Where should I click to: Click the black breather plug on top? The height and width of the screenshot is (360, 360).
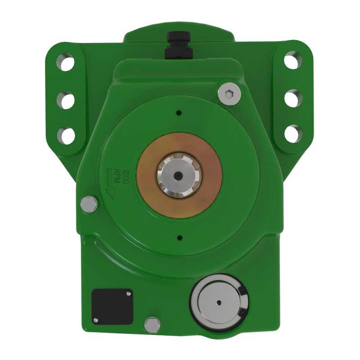tap(179, 45)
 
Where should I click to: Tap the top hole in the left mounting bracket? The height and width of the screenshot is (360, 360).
tap(66, 62)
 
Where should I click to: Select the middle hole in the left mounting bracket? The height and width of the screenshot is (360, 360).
tap(66, 100)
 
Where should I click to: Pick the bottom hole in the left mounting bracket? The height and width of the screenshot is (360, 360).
tap(66, 135)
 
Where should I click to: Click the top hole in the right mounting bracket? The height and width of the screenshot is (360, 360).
tap(293, 60)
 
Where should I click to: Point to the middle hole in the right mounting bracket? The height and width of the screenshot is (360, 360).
tap(293, 98)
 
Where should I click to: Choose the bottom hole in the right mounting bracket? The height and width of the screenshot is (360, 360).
tap(293, 134)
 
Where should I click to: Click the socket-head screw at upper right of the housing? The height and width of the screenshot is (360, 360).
tap(229, 94)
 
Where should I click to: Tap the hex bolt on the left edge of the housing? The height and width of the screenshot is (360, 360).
tap(89, 204)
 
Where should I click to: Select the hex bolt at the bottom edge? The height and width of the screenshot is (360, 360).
tap(153, 324)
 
